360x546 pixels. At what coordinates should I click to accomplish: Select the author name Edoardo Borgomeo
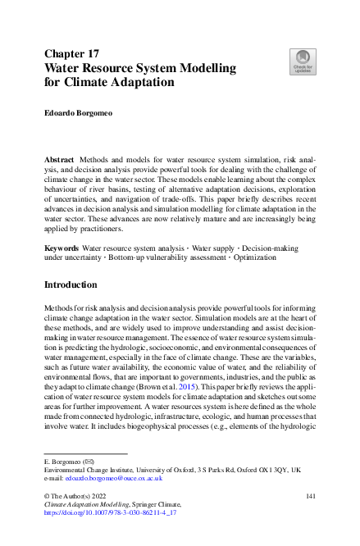[x=80, y=115]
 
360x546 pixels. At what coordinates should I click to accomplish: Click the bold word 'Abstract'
[x=62, y=156]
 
